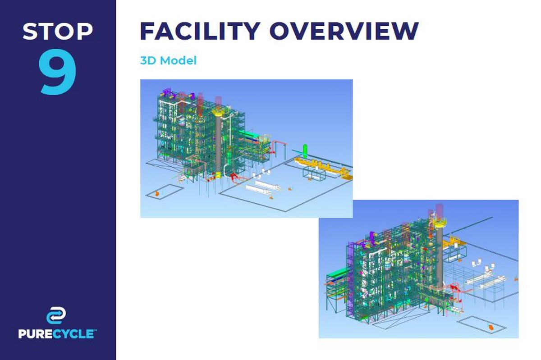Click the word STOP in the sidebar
coord(58,31)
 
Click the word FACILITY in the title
coord(200,31)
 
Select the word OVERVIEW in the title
coord(344,31)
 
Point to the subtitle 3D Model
coord(168,60)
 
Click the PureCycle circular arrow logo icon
coord(56,315)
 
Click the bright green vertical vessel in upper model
coord(305,151)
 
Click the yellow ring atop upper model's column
coord(218,111)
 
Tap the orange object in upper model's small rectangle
coord(157,193)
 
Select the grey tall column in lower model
coord(440,256)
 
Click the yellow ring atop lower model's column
coord(440,223)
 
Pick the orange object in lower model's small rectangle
coord(491,328)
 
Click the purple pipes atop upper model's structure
coord(167,93)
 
